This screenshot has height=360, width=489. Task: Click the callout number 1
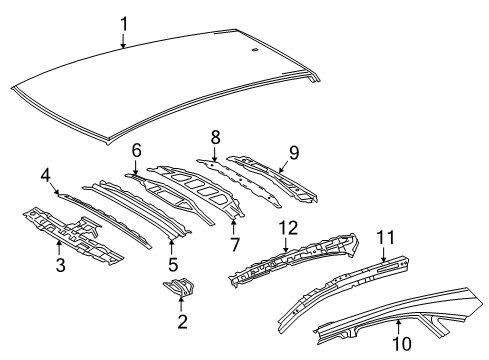(x=123, y=23)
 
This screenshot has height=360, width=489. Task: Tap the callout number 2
(x=181, y=321)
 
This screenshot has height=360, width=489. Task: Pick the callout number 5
(x=172, y=265)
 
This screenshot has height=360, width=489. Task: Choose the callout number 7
(x=235, y=243)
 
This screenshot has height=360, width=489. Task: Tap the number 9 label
(x=293, y=153)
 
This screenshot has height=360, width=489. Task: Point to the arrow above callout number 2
(x=180, y=301)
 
